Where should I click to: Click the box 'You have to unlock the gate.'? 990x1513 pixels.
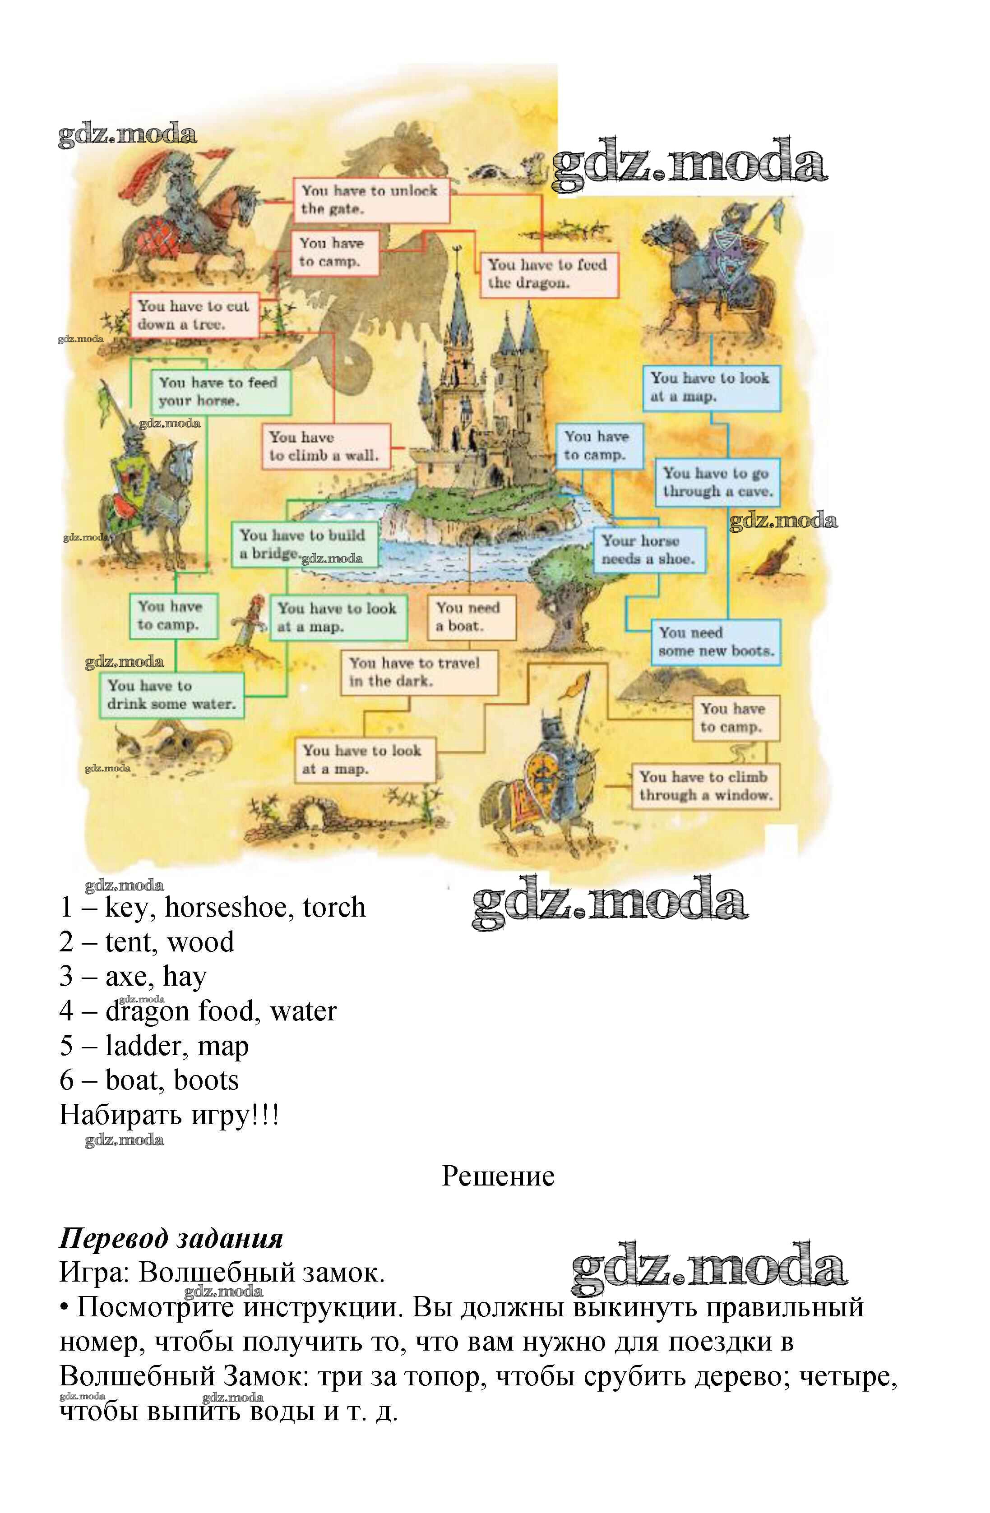371,200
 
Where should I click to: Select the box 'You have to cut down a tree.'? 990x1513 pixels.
194,315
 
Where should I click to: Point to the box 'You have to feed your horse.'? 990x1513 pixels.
220,392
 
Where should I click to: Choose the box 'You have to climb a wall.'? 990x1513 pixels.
325,446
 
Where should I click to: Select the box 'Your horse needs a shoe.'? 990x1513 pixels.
648,550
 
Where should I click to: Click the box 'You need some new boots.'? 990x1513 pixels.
715,642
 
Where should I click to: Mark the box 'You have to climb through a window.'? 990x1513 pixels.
704,786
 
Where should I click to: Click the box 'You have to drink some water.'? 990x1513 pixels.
171,695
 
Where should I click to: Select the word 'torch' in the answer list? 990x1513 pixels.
334,907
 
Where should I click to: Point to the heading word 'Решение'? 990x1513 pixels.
498,1176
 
